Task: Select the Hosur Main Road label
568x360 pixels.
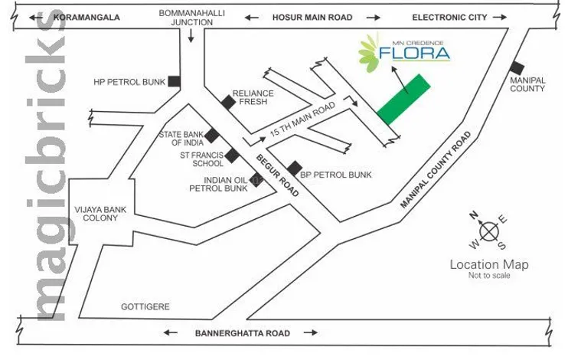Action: tap(313, 16)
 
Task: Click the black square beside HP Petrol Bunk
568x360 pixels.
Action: tap(174, 80)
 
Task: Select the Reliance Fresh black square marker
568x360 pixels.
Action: tap(227, 100)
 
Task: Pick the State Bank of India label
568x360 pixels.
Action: tap(181, 138)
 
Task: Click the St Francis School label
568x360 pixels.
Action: tap(201, 159)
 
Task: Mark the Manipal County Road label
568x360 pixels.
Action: tap(437, 169)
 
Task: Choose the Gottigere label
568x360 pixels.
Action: tap(145, 306)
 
